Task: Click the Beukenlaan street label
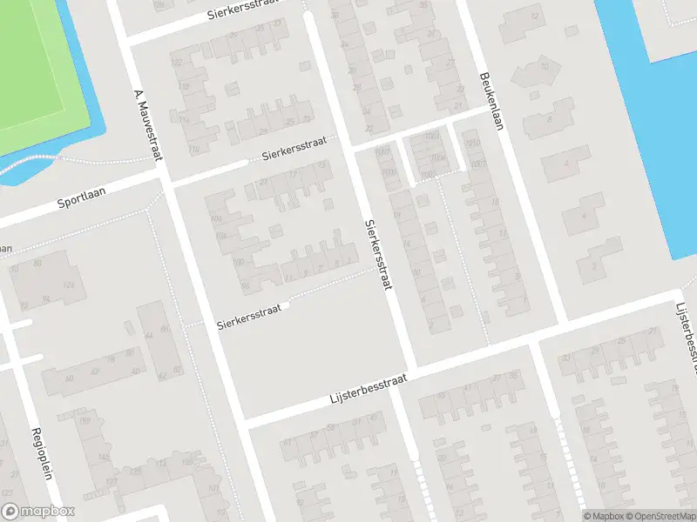[491, 100]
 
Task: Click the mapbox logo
[39, 512]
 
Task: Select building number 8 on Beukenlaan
[551, 119]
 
